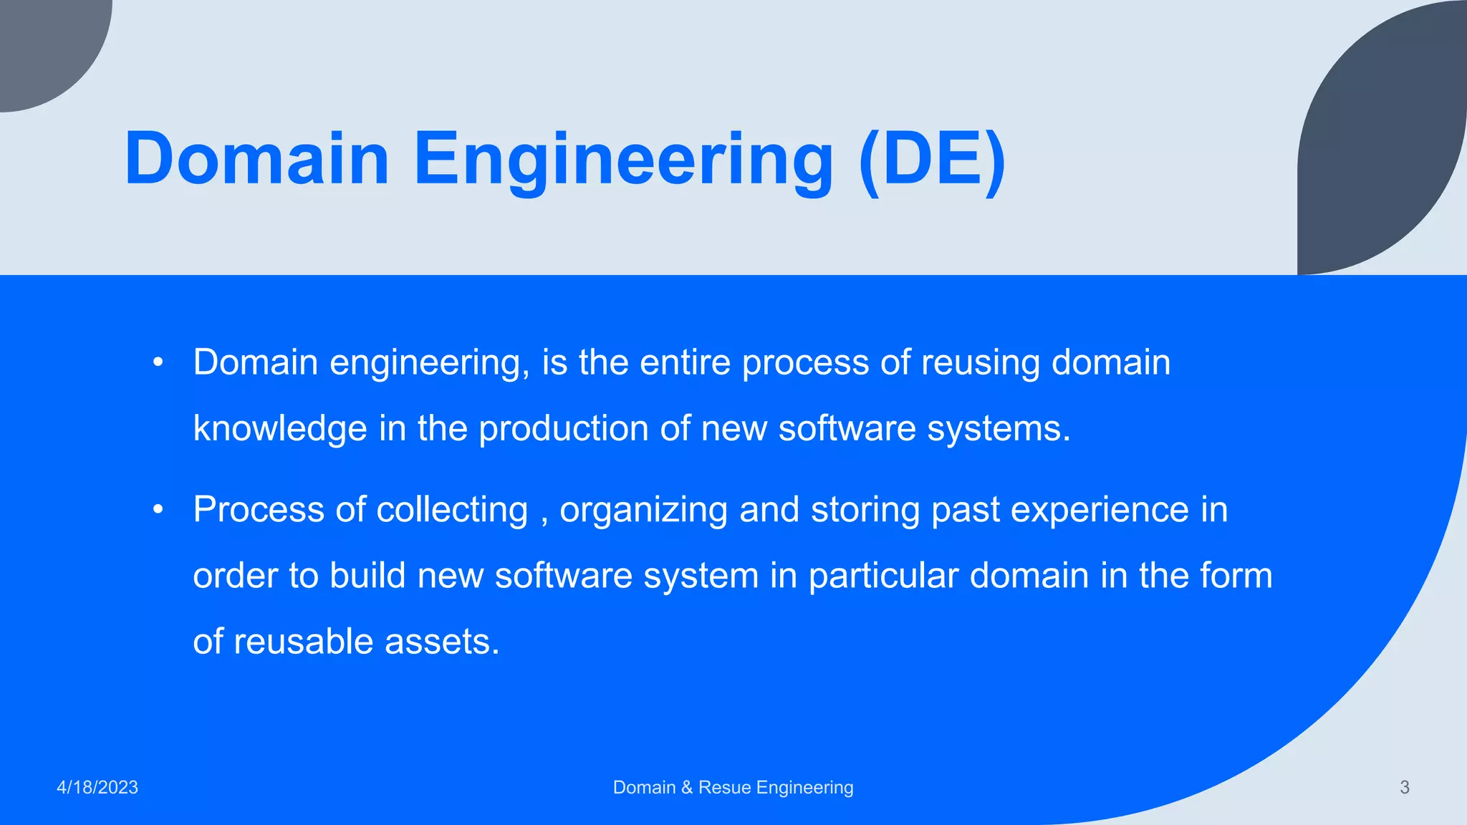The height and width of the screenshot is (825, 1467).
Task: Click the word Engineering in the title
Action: pyautogui.click(x=623, y=159)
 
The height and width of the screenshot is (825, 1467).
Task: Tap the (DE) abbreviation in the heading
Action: pyautogui.click(x=932, y=159)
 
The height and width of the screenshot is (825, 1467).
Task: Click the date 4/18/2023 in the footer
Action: pyautogui.click(x=97, y=788)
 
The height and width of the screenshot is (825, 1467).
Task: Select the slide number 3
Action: pyautogui.click(x=1404, y=788)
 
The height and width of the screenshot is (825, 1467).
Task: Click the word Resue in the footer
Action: pyautogui.click(x=724, y=788)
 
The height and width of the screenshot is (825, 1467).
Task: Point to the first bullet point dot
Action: pyautogui.click(x=158, y=363)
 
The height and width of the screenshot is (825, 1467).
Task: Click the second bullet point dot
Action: pyautogui.click(x=158, y=511)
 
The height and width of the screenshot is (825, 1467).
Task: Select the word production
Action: pyautogui.click(x=563, y=429)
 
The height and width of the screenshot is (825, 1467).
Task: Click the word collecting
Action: pyautogui.click(x=452, y=511)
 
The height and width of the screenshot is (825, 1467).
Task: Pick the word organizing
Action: pyautogui.click(x=643, y=511)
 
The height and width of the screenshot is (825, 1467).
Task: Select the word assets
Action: pyautogui.click(x=442, y=642)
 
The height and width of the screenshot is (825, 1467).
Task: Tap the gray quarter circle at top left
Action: pyautogui.click(x=43, y=43)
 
